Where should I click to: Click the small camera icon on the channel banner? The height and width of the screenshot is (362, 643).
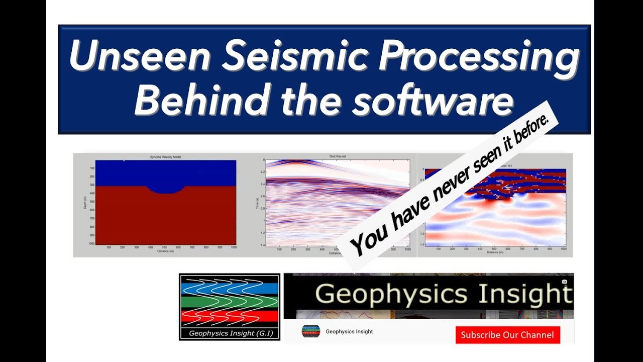pos(564,282)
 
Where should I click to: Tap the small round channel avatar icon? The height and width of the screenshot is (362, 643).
pos(310,331)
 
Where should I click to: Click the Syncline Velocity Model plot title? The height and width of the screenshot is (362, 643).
pos(165,157)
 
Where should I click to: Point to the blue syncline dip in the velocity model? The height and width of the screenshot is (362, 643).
pos(165,188)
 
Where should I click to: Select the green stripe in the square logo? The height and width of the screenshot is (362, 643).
pos(229,302)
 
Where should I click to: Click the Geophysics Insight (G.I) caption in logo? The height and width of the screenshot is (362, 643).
pos(229,333)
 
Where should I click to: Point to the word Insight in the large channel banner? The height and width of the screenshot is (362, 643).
pos(525,295)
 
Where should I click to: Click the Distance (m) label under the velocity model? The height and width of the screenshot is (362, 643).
pos(165,251)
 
